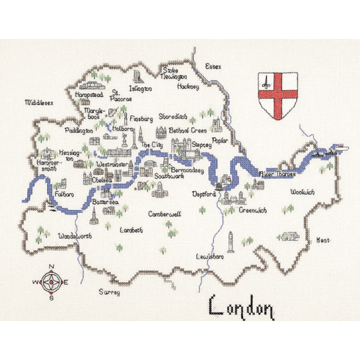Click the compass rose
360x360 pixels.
(50, 281)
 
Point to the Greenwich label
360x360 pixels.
(254, 209)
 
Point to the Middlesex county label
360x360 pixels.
(40, 104)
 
